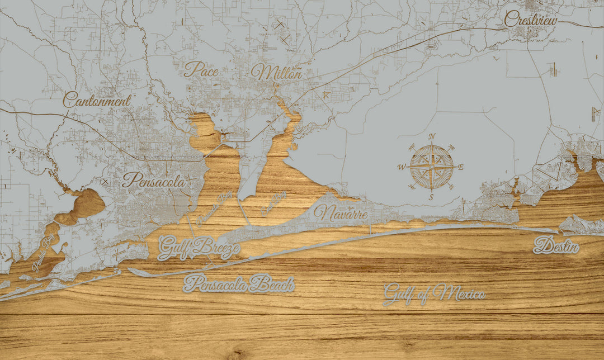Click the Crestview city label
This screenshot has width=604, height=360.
(531, 20)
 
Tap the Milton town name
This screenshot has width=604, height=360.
(276, 72)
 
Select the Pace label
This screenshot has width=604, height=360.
(201, 69)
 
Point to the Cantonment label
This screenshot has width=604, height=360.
(97, 101)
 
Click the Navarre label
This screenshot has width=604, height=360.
(341, 213)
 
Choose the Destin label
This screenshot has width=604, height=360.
(556, 245)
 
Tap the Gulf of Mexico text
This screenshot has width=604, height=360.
(434, 293)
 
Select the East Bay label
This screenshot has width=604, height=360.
(273, 203)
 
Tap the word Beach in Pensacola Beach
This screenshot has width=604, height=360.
(271, 285)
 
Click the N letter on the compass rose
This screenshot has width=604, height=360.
(432, 137)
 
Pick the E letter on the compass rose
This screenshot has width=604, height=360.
(461, 167)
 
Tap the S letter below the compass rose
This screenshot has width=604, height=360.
(431, 197)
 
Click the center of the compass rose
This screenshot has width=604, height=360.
(432, 167)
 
